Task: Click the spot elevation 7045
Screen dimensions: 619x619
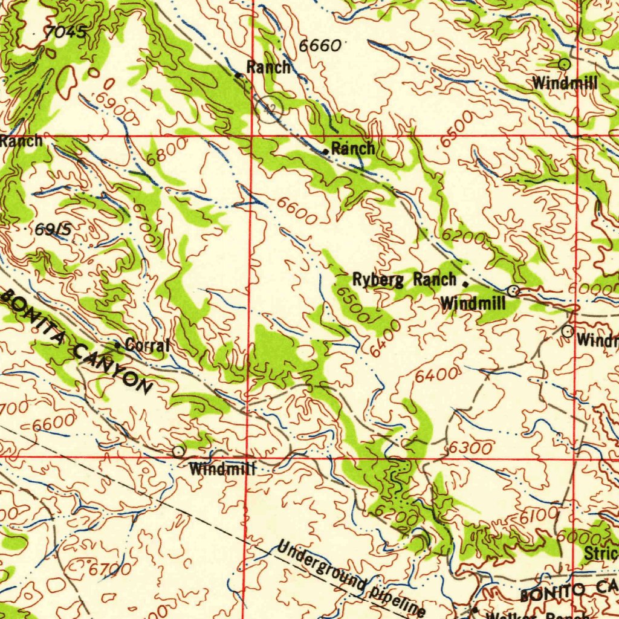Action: click(x=65, y=33)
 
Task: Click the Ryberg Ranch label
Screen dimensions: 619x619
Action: click(x=404, y=280)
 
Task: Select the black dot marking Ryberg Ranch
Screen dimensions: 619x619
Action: click(x=465, y=283)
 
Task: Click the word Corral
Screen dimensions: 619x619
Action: click(x=147, y=346)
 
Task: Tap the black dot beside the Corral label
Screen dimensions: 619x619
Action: click(x=118, y=345)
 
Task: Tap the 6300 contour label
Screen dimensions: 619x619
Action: click(x=470, y=448)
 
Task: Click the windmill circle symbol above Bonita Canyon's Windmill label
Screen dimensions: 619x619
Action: click(x=177, y=452)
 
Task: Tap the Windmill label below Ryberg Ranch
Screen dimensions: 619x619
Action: click(x=473, y=302)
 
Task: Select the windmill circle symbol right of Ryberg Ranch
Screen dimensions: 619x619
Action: click(x=513, y=291)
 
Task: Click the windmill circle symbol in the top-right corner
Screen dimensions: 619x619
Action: click(x=563, y=63)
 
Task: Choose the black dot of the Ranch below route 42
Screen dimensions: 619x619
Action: click(x=326, y=151)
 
